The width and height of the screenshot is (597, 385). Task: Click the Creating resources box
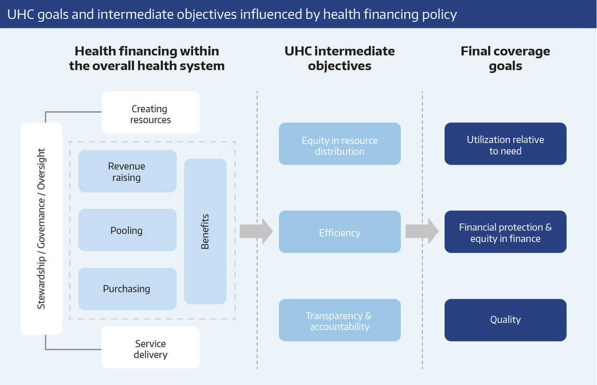(151, 113)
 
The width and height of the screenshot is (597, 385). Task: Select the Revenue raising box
(127, 171)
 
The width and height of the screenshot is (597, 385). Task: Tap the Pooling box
(127, 230)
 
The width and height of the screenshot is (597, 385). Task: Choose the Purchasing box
(127, 289)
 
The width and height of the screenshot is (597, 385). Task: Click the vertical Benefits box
(205, 232)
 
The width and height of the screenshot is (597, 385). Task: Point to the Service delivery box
(151, 348)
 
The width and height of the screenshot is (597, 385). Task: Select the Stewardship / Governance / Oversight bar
(41, 229)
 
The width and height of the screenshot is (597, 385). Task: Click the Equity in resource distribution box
(340, 143)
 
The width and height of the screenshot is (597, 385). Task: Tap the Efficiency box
(340, 232)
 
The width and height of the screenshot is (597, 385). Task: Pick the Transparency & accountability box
(340, 320)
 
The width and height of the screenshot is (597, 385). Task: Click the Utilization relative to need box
(506, 143)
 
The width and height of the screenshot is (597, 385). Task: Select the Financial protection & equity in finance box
(506, 232)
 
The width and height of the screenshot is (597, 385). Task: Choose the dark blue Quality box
(506, 320)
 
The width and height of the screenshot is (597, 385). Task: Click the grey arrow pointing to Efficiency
(257, 231)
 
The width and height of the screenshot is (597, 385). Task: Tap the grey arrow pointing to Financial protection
(422, 231)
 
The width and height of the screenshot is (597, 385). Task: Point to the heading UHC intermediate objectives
(340, 58)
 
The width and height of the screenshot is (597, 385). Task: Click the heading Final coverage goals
(505, 58)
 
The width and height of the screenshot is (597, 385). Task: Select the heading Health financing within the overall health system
(147, 58)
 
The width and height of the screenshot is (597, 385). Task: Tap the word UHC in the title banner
(21, 14)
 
